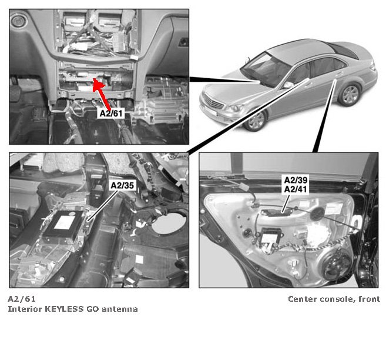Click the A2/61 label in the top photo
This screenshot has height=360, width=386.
(111, 114)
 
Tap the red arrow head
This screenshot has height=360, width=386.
(98, 84)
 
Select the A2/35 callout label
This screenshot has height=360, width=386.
(122, 185)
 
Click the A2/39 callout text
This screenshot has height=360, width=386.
(296, 180)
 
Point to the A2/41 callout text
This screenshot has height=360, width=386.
(296, 189)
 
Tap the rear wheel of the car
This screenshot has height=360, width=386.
(350, 95)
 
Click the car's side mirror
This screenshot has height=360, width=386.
(288, 85)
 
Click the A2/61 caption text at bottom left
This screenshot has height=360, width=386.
(22, 299)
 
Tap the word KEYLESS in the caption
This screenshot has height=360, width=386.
(65, 309)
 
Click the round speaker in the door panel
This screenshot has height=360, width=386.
(336, 264)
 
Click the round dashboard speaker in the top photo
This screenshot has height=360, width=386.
(18, 21)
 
